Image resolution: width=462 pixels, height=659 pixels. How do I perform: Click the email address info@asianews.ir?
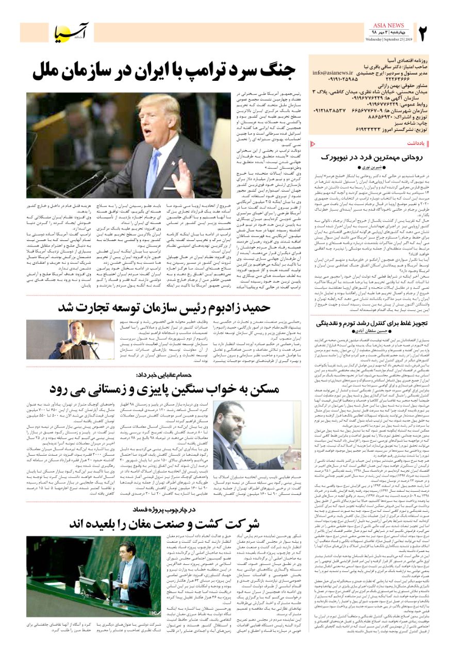333,73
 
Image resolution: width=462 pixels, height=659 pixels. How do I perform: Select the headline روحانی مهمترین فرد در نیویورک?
372,157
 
